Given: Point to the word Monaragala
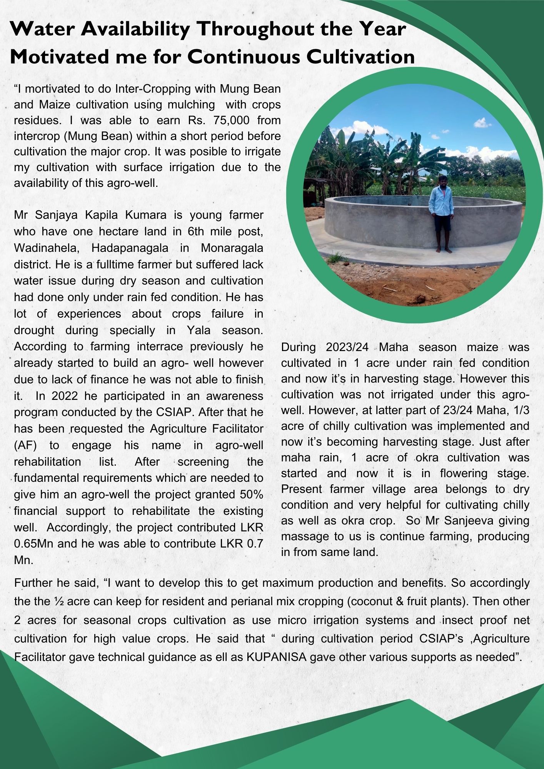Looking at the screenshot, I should tap(232, 248).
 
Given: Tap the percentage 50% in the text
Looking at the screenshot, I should tap(251, 494).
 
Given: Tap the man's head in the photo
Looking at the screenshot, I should tap(443, 181).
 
